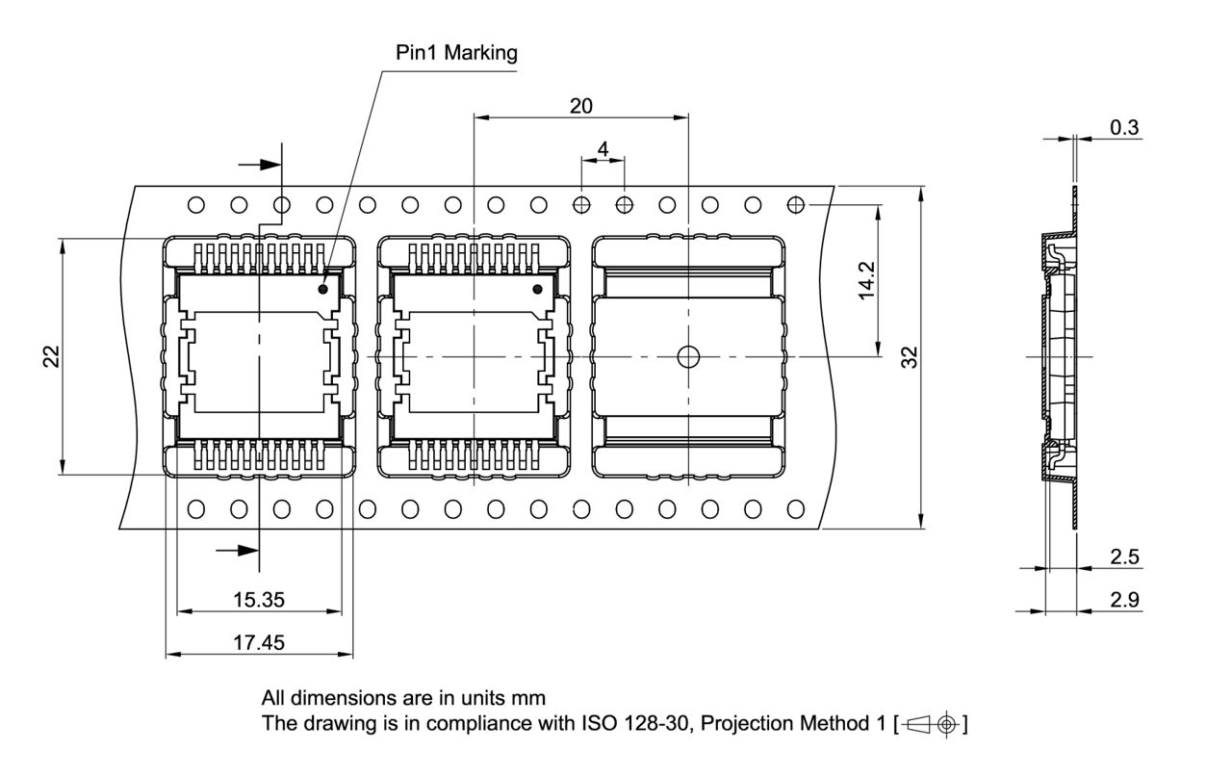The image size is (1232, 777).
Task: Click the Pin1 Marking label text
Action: (456, 53)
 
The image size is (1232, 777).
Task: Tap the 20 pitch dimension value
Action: (581, 106)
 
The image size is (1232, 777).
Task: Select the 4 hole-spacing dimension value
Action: (603, 149)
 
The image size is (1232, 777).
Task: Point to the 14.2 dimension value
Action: (867, 280)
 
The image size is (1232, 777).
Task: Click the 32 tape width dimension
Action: (910, 357)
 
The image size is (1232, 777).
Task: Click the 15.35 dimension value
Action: (259, 600)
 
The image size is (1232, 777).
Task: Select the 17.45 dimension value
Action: (259, 642)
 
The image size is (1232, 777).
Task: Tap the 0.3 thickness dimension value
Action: (1124, 127)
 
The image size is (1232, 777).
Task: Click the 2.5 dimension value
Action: (1124, 557)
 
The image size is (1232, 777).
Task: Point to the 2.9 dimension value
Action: (1124, 600)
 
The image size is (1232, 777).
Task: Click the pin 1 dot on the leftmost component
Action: (323, 288)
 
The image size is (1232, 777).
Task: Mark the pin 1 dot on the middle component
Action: (537, 289)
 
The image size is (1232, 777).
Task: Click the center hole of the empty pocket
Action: (688, 357)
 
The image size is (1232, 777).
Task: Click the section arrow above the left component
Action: (258, 165)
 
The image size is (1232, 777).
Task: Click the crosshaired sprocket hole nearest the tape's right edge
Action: (796, 204)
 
